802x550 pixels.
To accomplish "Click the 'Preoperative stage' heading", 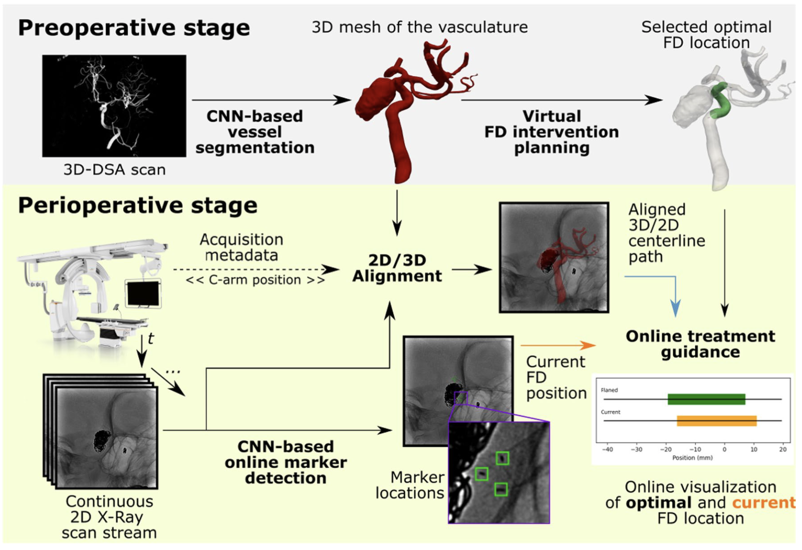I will [134, 28].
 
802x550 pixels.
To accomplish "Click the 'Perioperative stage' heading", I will [137, 206].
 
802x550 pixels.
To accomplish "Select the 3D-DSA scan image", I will [114, 106].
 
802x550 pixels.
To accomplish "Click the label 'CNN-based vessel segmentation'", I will [255, 132].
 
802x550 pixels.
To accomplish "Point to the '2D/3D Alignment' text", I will [397, 268].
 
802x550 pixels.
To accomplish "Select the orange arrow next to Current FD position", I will [559, 346].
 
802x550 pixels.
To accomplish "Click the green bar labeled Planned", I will [706, 399].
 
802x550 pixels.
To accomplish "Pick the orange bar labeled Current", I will [716, 421].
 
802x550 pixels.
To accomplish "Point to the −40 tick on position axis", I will [607, 449].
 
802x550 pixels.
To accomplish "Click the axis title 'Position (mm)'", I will [692, 458].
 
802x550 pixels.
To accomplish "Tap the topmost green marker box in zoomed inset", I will [502, 458].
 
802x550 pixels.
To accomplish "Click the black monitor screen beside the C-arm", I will [143, 294].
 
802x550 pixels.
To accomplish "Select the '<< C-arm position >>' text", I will [255, 280].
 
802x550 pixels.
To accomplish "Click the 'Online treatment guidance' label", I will [700, 344].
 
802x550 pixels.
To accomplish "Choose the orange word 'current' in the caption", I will [763, 503].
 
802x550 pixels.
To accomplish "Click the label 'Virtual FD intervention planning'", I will [551, 132].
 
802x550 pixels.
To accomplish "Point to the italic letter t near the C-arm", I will [150, 339].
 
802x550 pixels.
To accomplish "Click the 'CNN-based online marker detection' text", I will [286, 462].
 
